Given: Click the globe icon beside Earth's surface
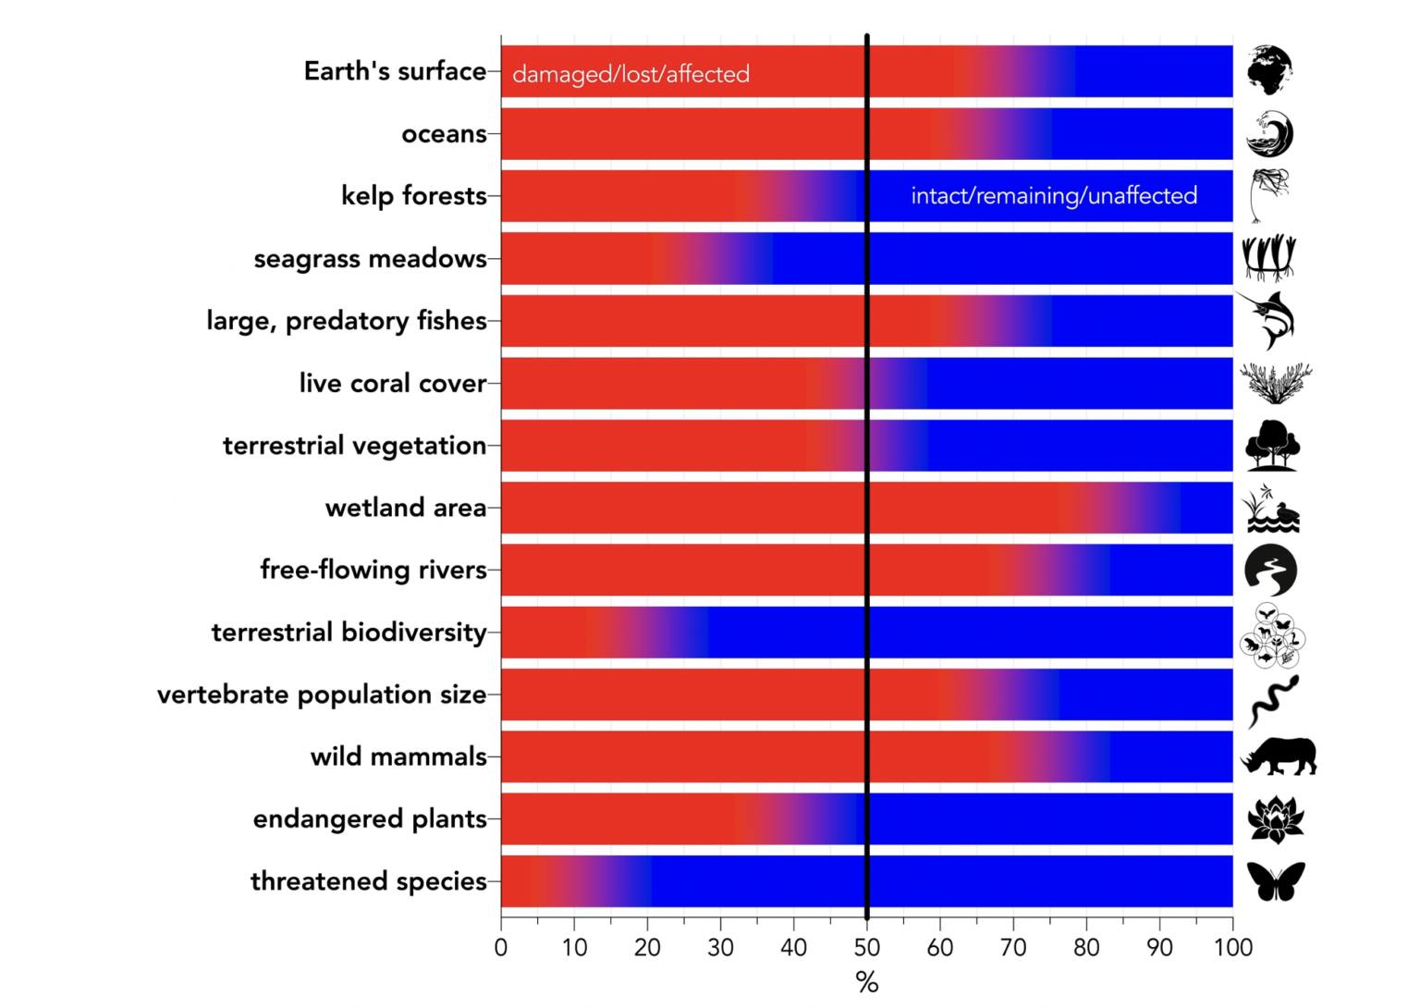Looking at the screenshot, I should [x=1269, y=70].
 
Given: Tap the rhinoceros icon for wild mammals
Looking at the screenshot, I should [x=1279, y=756].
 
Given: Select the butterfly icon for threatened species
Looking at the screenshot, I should [x=1276, y=880].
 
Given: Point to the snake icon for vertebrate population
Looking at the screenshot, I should [x=1273, y=700].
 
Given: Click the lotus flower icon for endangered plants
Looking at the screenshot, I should [x=1276, y=818].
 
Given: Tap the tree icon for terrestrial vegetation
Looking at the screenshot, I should [x=1272, y=446].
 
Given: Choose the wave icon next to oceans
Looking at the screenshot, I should [x=1269, y=134].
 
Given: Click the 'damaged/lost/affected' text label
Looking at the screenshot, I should [x=630, y=74].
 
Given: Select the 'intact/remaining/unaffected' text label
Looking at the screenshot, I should [x=1054, y=196].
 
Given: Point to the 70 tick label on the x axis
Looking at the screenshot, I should [x=1013, y=948].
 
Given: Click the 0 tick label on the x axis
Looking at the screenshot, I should [x=501, y=948].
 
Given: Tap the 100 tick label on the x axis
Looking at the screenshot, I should [x=1233, y=948].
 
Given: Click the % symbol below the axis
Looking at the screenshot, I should [x=867, y=982].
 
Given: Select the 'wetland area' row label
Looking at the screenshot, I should [x=406, y=508].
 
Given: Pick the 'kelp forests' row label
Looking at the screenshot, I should [x=413, y=196].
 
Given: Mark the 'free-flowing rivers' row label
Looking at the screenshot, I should [x=373, y=570].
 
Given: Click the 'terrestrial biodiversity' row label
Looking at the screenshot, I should [x=349, y=633].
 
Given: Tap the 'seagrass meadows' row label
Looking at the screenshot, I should [x=370, y=259].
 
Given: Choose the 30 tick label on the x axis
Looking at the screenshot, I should [x=720, y=948].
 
